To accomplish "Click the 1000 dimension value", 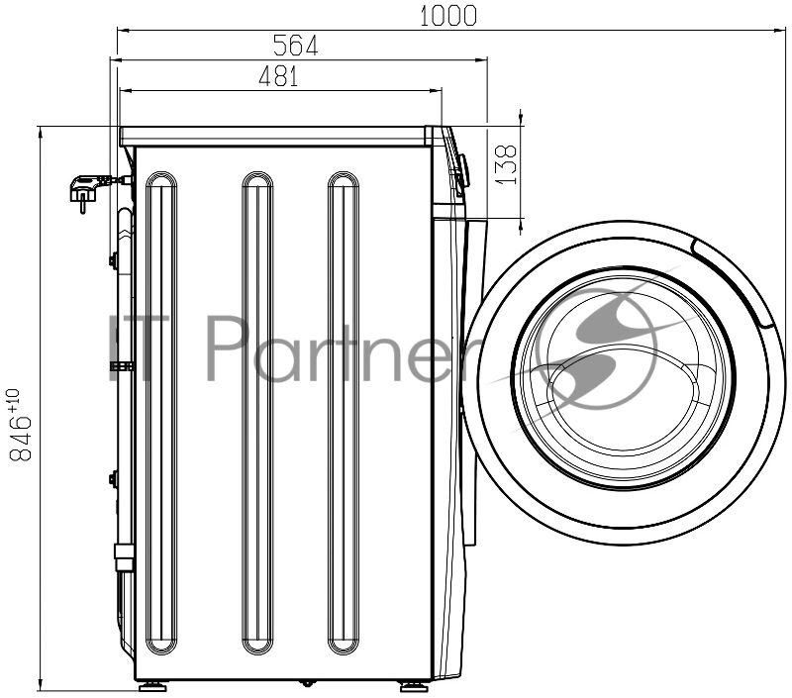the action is pos(448,16).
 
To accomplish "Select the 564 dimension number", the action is pos(295,46).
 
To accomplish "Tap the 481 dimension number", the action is pos(279,76).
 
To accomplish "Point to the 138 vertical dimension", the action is pos(507,165).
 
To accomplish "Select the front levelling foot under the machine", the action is pos(415,687).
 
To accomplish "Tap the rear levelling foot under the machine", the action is pos(152,687).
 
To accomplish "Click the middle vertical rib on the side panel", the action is pos(257,413).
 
